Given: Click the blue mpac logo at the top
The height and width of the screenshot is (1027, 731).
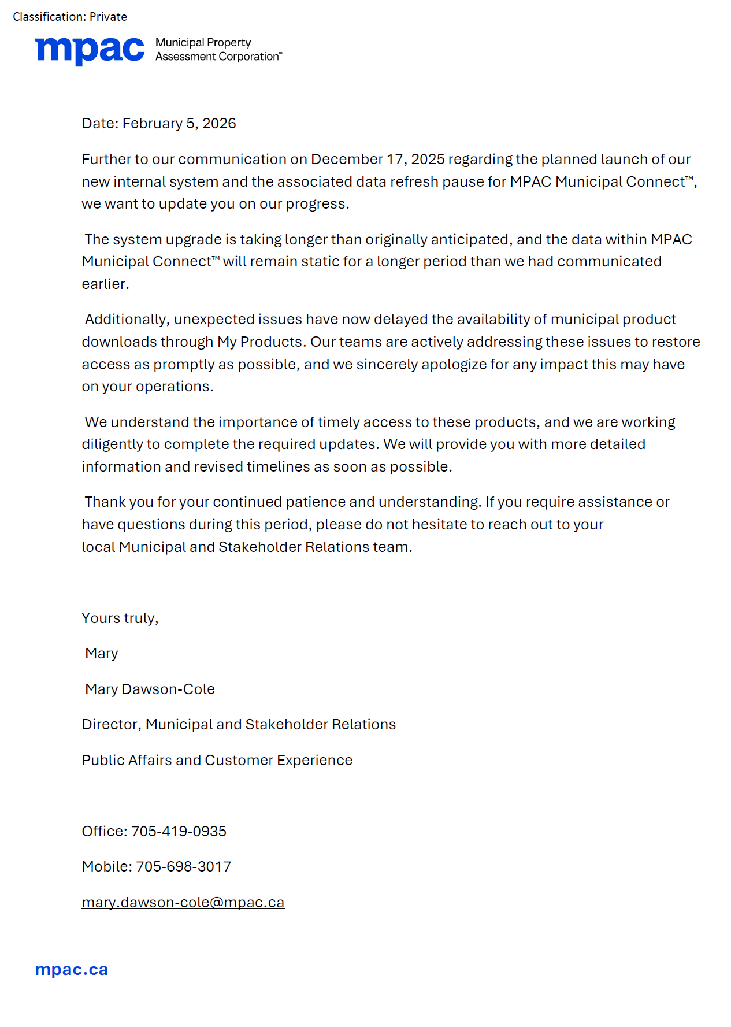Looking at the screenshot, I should tap(90, 50).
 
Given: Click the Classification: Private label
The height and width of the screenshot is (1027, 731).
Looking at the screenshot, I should tap(70, 17).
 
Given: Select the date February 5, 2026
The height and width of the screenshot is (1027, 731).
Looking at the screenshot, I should tap(179, 124).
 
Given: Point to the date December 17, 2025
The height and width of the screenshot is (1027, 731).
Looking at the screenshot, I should tap(378, 160).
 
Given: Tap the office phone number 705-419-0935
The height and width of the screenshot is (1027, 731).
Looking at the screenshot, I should tap(179, 832).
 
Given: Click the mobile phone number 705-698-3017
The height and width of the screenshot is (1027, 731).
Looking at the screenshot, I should tap(183, 867).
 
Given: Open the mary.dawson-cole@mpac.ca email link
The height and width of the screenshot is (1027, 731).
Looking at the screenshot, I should tap(183, 903).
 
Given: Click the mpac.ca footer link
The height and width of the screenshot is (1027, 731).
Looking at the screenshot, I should tap(72, 970).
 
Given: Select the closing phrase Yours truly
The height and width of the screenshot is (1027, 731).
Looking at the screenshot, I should tap(120, 618).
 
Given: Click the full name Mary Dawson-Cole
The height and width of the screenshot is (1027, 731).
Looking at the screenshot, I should tap(150, 689).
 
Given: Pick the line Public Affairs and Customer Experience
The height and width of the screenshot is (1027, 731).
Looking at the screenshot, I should tap(217, 761).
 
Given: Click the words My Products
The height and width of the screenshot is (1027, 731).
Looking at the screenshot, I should tap(260, 342).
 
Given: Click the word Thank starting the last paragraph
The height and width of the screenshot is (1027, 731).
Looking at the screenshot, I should tap(105, 502).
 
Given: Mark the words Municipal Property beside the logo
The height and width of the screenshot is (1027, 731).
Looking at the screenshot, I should tap(203, 43).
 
